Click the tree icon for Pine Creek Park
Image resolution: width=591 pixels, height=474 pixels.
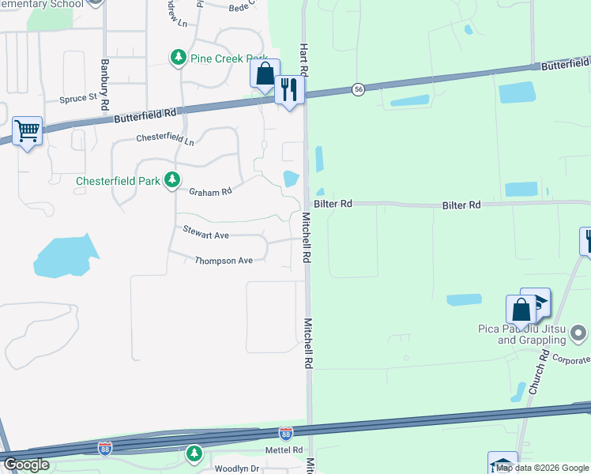pyautogui.click(x=179, y=57)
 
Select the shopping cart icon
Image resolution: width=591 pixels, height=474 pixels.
pyautogui.click(x=27, y=130)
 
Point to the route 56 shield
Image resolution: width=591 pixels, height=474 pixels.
pyautogui.click(x=359, y=89)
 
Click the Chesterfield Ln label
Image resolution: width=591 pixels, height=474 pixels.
pyautogui.click(x=164, y=140)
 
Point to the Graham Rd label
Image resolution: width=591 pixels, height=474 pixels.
pyautogui.click(x=210, y=191)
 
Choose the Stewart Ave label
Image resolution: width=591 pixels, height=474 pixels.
pyautogui.click(x=205, y=235)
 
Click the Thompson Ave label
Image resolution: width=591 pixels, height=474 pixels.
pyautogui.click(x=224, y=260)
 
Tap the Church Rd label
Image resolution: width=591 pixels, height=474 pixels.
pyautogui.click(x=538, y=374)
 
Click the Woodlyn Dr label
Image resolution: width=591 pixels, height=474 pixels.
pyautogui.click(x=237, y=468)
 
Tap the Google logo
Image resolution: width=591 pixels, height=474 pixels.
pyautogui.click(x=27, y=465)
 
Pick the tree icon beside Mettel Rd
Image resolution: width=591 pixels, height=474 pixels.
pyautogui.click(x=194, y=453)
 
